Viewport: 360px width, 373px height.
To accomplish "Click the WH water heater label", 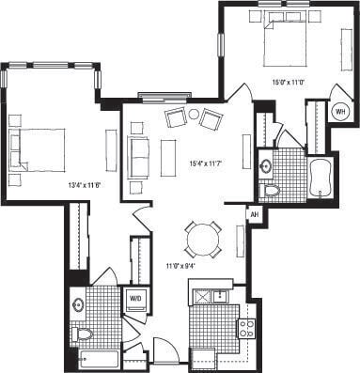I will [339, 110].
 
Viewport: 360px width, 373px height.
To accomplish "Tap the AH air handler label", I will [253, 214].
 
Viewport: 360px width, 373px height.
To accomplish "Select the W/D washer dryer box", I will [135, 299].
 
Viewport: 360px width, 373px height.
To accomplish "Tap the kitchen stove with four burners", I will [246, 328].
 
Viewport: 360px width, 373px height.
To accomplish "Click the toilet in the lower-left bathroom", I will [82, 334].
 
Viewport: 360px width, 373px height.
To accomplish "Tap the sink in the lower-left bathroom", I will [78, 303].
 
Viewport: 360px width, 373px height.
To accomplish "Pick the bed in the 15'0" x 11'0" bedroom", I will [281, 43].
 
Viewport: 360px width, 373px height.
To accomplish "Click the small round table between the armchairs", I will [194, 115].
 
